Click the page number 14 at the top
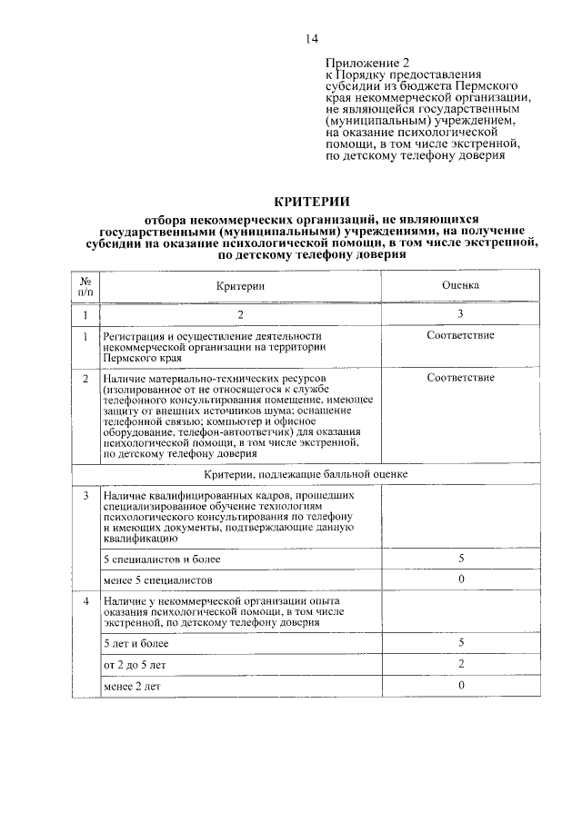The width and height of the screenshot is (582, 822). pyautogui.click(x=311, y=38)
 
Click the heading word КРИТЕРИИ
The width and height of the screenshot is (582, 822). pyautogui.click(x=311, y=201)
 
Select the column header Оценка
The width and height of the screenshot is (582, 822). pyautogui.click(x=460, y=285)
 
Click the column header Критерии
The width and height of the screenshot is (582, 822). pyautogui.click(x=241, y=285)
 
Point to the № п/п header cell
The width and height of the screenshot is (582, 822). pyautogui.click(x=85, y=285)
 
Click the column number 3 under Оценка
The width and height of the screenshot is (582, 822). pyautogui.click(x=460, y=314)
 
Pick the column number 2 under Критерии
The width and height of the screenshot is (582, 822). pyautogui.click(x=241, y=314)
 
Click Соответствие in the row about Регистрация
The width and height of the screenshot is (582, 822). pyautogui.click(x=460, y=336)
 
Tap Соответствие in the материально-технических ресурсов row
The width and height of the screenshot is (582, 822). pyautogui.click(x=460, y=377)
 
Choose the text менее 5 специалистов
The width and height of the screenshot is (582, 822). pyautogui.click(x=157, y=579)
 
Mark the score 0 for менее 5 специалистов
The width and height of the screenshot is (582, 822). pyautogui.click(x=461, y=579)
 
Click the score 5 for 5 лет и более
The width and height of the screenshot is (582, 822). pyautogui.click(x=461, y=643)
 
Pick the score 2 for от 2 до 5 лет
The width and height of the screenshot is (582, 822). pyautogui.click(x=461, y=664)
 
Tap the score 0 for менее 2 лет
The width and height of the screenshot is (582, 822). pyautogui.click(x=461, y=686)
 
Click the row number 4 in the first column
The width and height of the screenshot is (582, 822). pyautogui.click(x=85, y=601)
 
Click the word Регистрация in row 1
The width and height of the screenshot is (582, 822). pyautogui.click(x=134, y=336)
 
